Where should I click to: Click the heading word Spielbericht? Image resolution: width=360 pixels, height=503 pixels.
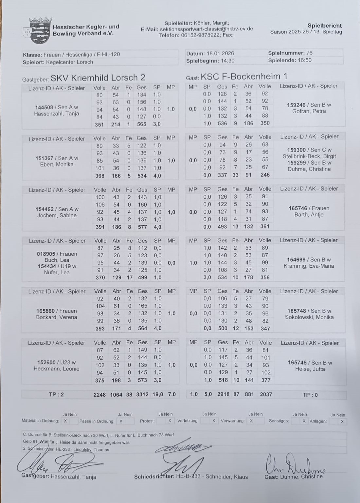pos(324,26)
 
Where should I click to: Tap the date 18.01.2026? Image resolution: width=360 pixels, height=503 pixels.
pos(220,53)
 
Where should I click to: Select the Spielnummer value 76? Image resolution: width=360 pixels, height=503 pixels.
pos(309,53)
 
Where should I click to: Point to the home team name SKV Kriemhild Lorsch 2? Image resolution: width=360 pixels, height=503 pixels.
pos(98,78)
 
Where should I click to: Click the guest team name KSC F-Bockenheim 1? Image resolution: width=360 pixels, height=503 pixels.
pos(244,77)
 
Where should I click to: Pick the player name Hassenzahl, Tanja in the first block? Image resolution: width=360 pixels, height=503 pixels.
pos(57,114)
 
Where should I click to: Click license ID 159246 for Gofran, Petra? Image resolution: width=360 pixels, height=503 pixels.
pos(296,105)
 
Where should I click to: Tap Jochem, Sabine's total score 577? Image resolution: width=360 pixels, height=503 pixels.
pos(142,227)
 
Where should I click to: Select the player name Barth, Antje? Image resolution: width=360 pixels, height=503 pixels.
pos(309,215)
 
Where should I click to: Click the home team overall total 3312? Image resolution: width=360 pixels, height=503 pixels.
pos(142,395)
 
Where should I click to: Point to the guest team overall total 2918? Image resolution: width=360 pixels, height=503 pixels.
pos(223,394)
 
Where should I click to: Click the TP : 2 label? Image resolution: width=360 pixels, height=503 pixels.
pos(56,395)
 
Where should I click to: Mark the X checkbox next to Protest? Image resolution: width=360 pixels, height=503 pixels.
pos(170,421)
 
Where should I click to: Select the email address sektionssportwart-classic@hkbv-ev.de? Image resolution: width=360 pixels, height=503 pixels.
pos(206,29)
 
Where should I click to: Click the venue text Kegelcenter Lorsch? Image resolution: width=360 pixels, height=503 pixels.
pos(69,62)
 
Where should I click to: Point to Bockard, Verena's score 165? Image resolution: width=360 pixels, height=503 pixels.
pos(142,306)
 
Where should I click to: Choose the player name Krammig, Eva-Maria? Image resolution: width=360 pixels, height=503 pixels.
pos(309,266)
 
